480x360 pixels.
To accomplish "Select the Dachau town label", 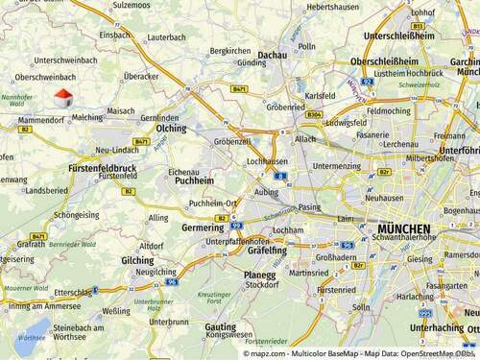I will [272, 56].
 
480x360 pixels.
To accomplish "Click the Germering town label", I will [203, 228].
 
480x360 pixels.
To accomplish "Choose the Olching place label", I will [171, 128].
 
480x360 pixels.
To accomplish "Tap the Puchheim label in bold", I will [194, 180].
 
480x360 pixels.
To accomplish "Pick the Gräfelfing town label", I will [267, 250].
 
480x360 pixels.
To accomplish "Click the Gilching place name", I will [137, 260].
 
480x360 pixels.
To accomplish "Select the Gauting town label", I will [220, 326].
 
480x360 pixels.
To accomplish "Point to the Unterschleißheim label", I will [398, 36].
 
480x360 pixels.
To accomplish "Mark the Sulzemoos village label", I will [132, 6].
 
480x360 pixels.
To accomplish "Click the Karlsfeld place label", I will [320, 96].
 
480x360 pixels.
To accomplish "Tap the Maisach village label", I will [122, 110].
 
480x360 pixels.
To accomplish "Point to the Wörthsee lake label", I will [33, 338].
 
